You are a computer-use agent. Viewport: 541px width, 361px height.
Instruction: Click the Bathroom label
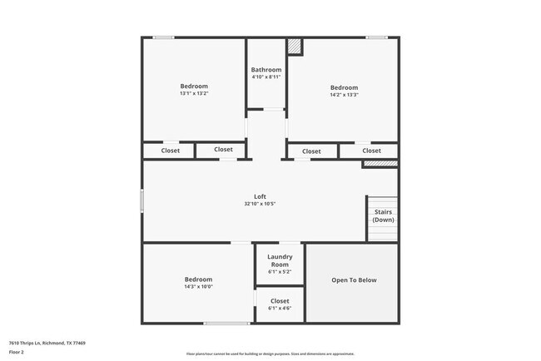click(x=266, y=70)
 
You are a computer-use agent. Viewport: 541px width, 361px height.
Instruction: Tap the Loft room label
click(x=260, y=196)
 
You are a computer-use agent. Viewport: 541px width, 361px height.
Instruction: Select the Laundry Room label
click(x=280, y=261)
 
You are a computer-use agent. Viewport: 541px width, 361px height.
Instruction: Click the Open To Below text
click(x=354, y=280)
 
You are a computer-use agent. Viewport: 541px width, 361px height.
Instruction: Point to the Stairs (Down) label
click(x=383, y=216)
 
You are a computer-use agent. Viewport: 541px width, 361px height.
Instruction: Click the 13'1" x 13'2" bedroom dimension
click(x=194, y=93)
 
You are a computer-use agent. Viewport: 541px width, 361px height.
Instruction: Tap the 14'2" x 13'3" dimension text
click(x=344, y=95)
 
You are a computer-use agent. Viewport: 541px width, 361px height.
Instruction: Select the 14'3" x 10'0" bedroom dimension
click(x=198, y=287)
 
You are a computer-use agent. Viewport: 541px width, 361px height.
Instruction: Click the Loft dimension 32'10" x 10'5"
click(x=260, y=204)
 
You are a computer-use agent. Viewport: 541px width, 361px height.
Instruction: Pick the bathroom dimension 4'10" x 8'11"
click(x=266, y=77)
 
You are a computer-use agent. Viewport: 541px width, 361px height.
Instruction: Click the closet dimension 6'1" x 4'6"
click(x=280, y=309)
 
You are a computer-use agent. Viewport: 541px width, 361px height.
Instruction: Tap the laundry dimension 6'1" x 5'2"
click(x=280, y=272)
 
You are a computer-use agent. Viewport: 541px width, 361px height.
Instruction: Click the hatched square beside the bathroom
click(x=295, y=47)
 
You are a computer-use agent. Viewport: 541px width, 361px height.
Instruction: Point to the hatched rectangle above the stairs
click(x=380, y=164)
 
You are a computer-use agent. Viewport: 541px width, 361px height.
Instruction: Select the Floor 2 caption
click(x=17, y=352)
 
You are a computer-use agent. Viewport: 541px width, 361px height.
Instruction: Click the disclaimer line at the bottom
click(x=270, y=354)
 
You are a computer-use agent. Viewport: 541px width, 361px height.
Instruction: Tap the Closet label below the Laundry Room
click(x=280, y=301)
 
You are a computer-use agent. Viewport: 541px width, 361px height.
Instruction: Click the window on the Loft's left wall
click(x=142, y=200)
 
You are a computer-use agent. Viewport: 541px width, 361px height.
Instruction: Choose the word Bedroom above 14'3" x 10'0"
click(x=198, y=279)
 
